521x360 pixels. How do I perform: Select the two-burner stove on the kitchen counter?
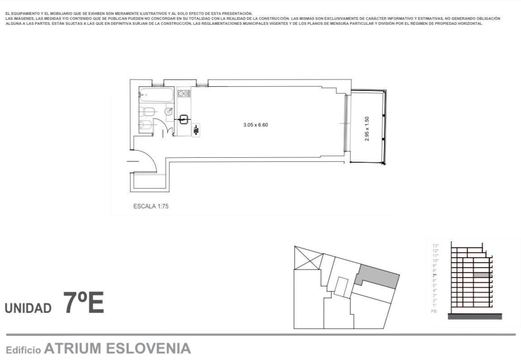click(184, 94)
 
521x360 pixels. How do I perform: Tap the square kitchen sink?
click(184, 120)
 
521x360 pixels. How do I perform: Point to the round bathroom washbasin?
click(169, 111)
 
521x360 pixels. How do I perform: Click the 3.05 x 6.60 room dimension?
click(256, 125)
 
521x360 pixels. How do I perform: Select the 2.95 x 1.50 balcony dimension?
click(367, 129)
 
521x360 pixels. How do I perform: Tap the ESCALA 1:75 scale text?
click(151, 206)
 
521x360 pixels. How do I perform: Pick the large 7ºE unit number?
click(84, 303)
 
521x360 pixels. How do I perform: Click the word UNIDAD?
click(28, 308)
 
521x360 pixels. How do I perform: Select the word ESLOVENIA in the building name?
click(148, 349)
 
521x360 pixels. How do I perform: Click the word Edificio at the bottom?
click(23, 350)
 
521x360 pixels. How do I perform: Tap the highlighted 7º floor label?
click(435, 275)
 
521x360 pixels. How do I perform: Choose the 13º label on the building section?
click(435, 246)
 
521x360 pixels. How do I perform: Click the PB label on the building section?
click(434, 311)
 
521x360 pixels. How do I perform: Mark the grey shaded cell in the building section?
click(483, 275)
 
